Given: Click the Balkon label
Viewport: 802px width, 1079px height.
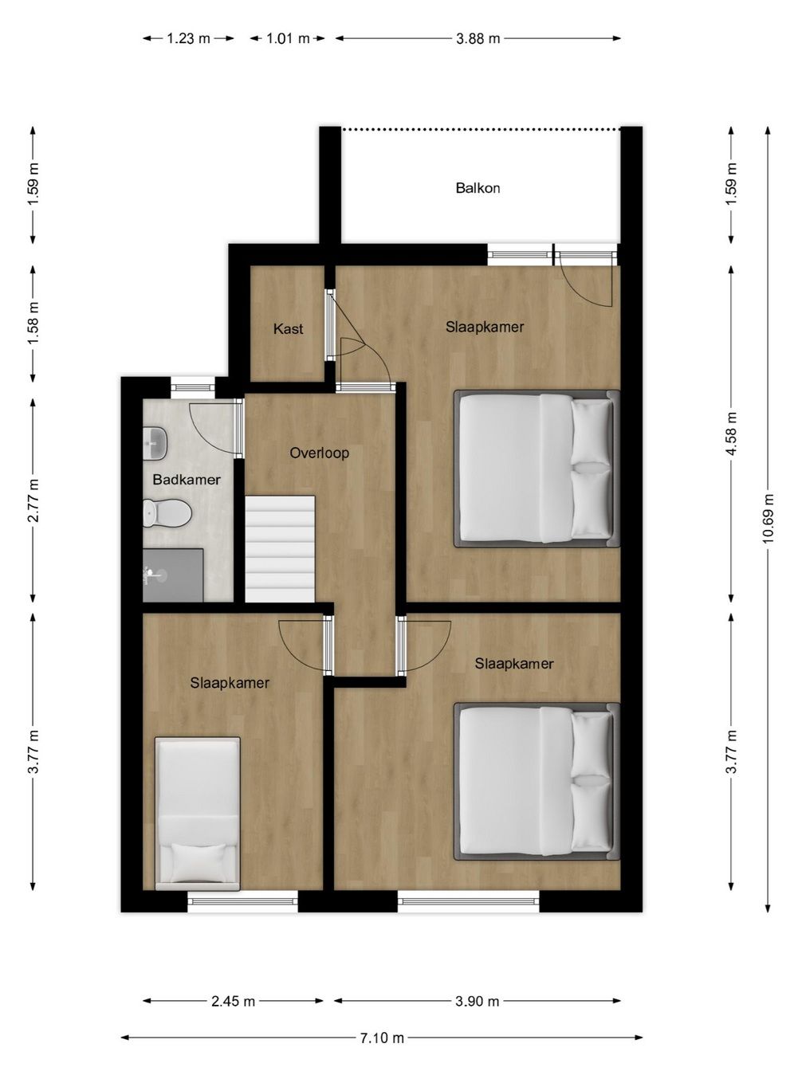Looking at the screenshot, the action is tap(478, 188).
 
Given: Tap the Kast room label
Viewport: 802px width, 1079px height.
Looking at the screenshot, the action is tap(288, 329).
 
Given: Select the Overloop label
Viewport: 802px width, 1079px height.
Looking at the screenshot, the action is tap(319, 453).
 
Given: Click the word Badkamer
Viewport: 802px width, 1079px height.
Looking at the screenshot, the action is tap(187, 480).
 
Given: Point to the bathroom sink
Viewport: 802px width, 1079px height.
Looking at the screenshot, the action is tap(155, 443).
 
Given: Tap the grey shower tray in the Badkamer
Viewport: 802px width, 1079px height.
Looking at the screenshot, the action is tap(173, 575).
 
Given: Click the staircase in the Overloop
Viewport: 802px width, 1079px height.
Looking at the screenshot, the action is tap(280, 549).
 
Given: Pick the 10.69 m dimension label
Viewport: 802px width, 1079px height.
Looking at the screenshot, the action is tap(768, 519).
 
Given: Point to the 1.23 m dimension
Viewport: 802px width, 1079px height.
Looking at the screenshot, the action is tap(188, 38).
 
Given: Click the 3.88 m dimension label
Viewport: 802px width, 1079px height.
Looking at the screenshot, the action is tap(478, 38).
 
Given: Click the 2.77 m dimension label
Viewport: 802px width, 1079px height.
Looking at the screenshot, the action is tap(33, 500).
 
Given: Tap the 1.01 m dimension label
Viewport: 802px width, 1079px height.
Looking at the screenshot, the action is tap(288, 38).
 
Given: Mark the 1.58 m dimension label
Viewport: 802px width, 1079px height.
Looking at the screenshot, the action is tap(33, 323).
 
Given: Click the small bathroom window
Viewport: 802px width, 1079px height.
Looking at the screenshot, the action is tap(193, 388).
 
